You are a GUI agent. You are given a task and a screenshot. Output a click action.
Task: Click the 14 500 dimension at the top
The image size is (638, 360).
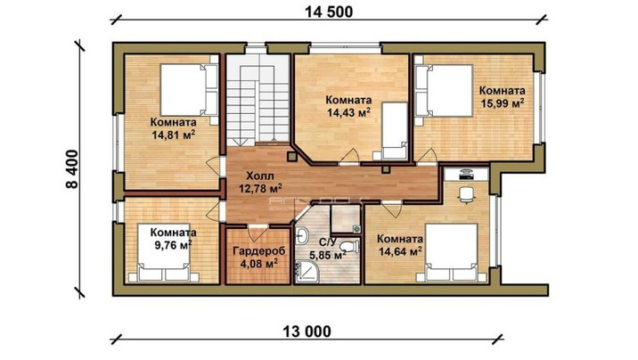(x=329, y=12)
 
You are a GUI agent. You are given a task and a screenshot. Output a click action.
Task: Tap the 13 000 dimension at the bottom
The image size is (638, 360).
(x=307, y=332)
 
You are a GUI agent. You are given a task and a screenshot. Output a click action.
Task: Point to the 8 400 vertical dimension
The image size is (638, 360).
(x=71, y=169)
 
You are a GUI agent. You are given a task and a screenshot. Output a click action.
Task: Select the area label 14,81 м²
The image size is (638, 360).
(x=173, y=135)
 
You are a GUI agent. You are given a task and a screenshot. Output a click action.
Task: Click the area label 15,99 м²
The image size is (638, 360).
(x=502, y=102)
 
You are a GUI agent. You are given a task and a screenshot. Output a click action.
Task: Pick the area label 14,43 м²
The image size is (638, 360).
(x=348, y=112)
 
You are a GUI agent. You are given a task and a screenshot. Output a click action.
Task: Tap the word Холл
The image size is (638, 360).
(x=260, y=176)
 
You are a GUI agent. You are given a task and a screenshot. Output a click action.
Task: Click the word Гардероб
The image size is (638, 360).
(x=258, y=251)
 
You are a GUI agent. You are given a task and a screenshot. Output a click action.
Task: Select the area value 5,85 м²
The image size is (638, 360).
(x=328, y=256)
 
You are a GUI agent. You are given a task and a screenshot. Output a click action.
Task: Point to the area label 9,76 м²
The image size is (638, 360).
(x=173, y=245)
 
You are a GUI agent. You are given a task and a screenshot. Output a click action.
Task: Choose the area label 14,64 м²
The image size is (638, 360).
(x=400, y=252)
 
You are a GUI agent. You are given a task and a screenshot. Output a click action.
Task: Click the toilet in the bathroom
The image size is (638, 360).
(x=349, y=246)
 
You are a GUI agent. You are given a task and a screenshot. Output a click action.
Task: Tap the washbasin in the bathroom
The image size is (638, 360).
(x=301, y=235)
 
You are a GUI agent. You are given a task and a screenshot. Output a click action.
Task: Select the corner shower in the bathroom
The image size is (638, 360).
(x=305, y=273)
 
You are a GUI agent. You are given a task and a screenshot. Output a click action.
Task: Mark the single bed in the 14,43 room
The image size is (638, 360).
(x=393, y=131)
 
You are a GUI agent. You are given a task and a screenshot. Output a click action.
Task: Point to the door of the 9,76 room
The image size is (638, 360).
(x=214, y=210)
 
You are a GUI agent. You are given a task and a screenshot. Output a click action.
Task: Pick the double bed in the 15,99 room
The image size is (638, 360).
(x=445, y=90)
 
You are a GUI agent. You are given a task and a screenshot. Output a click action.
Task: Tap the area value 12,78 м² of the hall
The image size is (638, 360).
(x=260, y=188)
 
